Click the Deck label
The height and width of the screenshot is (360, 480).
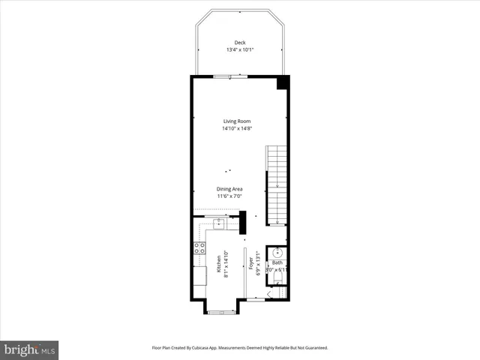click(239, 43)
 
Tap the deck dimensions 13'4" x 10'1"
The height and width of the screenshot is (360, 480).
click(239, 50)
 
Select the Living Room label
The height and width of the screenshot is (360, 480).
click(236, 121)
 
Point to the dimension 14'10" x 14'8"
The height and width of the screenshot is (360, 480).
click(236, 129)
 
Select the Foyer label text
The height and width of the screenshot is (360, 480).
click(252, 264)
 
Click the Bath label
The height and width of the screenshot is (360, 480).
click(277, 263)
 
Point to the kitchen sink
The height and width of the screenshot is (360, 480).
click(218, 223)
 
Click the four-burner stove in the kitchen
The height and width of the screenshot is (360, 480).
click(199, 248)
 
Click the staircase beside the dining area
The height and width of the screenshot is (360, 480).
click(277, 184)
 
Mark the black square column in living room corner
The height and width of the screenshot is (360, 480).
click(283, 82)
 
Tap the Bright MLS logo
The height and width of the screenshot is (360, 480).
click(30, 349)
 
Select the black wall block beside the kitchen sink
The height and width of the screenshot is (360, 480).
click(242, 222)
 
